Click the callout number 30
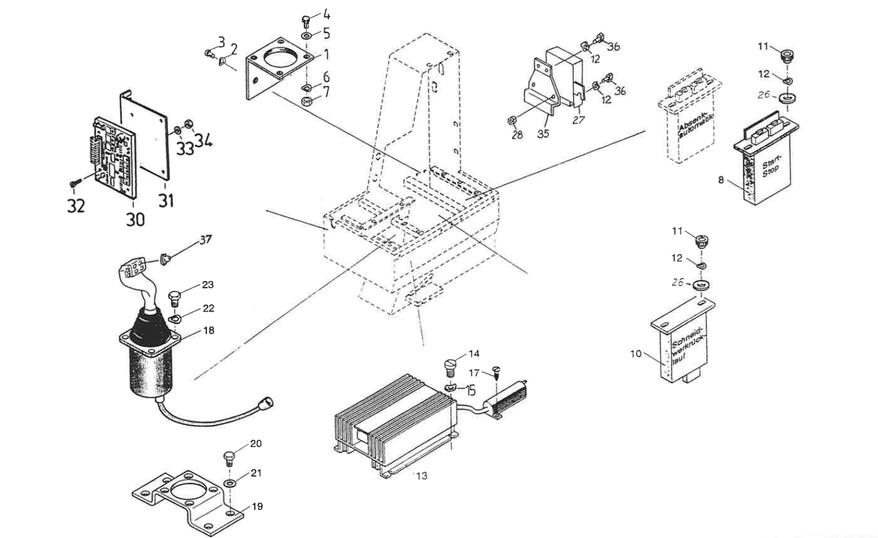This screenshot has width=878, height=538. (x=136, y=219)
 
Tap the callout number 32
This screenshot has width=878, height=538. (x=75, y=206)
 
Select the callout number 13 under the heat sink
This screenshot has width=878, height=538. (x=422, y=476)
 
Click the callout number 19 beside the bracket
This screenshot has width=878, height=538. (x=257, y=506)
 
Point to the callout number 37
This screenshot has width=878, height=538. (x=206, y=240)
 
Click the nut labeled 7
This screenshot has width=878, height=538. (x=306, y=100)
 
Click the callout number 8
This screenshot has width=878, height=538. (x=721, y=179)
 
